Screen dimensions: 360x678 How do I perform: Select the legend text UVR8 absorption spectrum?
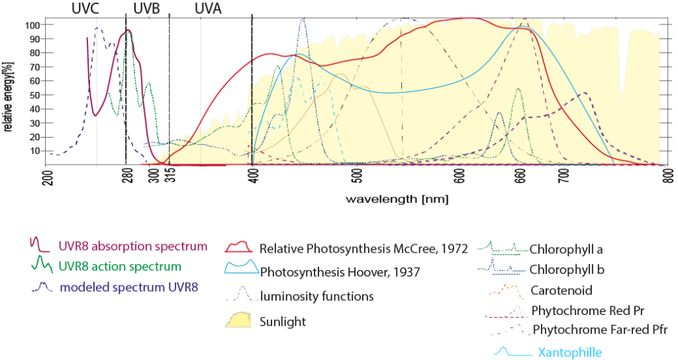click(x=132, y=247)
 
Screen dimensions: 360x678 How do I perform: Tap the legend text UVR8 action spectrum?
click(x=119, y=267)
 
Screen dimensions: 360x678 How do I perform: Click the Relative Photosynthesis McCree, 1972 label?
click(x=363, y=249)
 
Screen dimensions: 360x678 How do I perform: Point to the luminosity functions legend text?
click(x=316, y=296)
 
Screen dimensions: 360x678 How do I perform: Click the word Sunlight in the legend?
click(x=283, y=321)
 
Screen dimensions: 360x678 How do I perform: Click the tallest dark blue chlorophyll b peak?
click(x=303, y=19)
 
